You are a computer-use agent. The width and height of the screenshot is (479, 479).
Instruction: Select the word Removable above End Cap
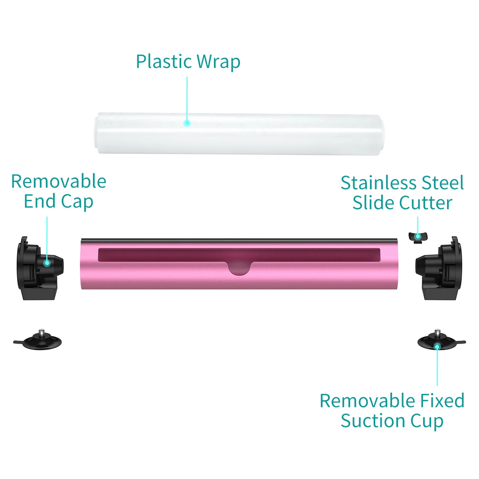(59, 182)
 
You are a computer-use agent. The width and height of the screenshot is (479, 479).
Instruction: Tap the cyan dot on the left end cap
(47, 263)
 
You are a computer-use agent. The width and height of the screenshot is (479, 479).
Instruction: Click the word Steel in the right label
(443, 183)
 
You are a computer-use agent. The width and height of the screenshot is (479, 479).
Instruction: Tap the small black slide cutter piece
(418, 236)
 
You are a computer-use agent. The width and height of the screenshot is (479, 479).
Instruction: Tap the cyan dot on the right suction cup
(437, 346)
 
